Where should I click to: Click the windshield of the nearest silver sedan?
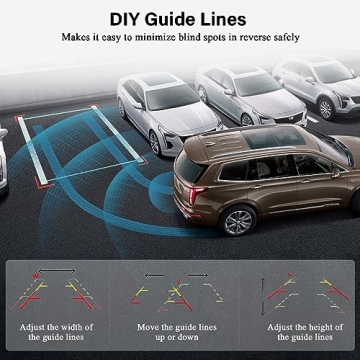(x=161, y=99)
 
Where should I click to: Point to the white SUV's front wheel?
(x=324, y=109)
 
